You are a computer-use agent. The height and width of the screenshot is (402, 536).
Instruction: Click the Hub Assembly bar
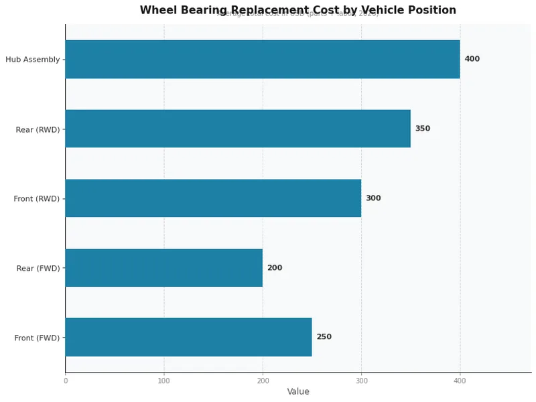263,59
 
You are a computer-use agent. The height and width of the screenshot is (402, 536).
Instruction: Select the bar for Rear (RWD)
238,129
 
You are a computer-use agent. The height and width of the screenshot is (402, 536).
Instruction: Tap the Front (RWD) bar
213,198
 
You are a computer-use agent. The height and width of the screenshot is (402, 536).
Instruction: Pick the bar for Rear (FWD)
164,268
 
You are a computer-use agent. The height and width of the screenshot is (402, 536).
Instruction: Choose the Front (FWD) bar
188,337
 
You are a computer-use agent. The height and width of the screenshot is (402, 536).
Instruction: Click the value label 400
472,59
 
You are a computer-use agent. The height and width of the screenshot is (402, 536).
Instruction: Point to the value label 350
422,129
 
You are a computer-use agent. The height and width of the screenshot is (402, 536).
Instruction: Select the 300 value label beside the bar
373,198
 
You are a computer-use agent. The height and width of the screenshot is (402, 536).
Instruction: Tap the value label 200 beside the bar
275,268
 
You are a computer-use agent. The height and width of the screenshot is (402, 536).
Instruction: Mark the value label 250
324,337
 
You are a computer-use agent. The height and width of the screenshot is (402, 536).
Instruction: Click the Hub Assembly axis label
32,60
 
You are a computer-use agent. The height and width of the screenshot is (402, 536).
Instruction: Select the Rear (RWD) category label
38,129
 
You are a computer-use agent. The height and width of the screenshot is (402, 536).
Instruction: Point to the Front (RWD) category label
37,199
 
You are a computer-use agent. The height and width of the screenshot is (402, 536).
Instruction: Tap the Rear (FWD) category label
38,269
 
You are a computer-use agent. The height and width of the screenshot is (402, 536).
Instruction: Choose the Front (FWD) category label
37,338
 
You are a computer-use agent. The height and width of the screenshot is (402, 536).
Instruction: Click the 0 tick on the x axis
66,381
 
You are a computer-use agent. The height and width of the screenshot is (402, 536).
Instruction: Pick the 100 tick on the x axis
164,381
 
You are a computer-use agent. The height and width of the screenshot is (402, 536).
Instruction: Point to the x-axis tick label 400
460,381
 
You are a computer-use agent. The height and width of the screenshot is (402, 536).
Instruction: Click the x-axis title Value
298,392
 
